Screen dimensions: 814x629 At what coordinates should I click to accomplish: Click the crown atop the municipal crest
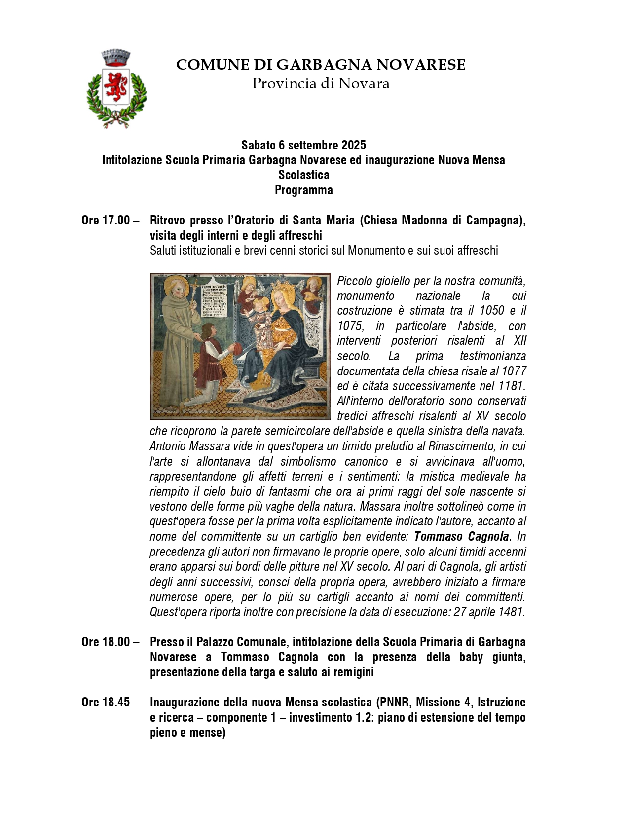point(115,57)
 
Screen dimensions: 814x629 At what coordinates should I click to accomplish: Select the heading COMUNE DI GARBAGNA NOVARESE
point(321,65)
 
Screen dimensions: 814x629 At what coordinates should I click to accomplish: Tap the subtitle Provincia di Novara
point(321,84)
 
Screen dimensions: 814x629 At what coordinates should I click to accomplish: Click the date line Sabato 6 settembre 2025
point(303,145)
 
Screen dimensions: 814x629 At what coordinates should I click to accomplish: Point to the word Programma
point(303,190)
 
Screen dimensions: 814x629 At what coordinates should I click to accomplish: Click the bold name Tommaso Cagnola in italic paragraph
point(461,536)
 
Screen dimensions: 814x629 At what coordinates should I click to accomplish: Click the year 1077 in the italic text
point(514,371)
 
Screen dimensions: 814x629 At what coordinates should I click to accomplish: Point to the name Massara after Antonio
point(203,446)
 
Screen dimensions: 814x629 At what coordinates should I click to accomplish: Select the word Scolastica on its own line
point(303,175)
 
